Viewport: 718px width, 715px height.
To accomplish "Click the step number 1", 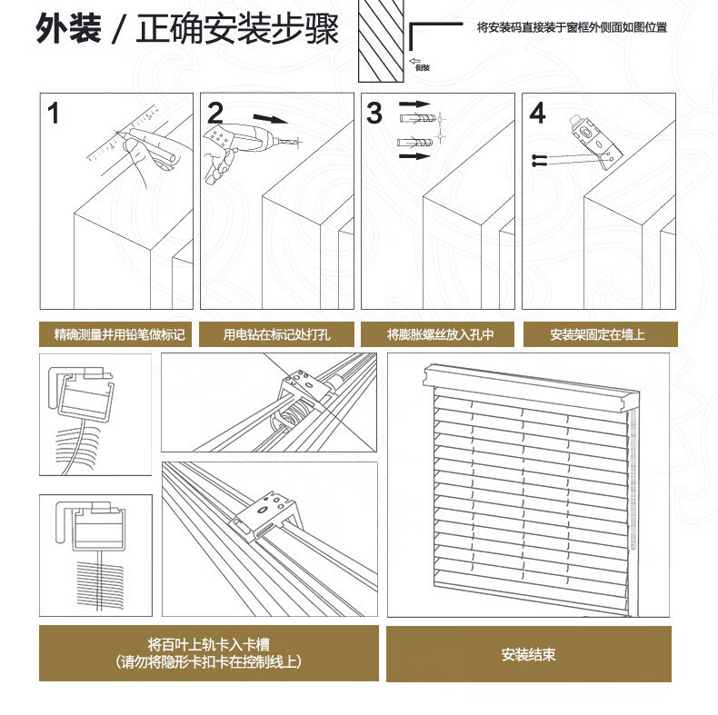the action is pos(54,114).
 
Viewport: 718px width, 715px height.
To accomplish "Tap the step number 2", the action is pos(215,114).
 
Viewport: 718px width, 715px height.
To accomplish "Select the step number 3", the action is pos(375,114).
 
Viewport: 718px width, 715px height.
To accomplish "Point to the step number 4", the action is pos(537,114).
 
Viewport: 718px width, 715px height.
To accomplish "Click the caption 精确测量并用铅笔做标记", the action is pos(118,334).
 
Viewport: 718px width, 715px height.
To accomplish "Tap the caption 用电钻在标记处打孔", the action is pos(276,334).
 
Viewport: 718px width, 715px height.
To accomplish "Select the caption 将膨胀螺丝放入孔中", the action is pos(439,334).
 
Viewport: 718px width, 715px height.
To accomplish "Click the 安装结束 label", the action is pos(528,654).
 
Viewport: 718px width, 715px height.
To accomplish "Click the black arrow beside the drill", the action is pos(269,118).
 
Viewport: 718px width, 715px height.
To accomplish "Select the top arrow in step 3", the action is pos(414,104).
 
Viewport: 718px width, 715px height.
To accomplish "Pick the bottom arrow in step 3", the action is pos(414,156).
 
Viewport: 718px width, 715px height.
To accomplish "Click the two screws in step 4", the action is pos(539,160).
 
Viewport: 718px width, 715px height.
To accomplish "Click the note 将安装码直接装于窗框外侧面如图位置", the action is pos(572,27).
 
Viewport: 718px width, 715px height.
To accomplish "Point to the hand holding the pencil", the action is pos(145,154).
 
